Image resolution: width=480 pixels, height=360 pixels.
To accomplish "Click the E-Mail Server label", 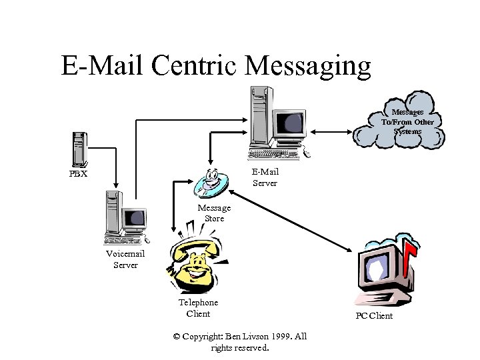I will pos(265,177).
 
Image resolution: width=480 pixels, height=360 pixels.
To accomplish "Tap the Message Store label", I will pos(214,213).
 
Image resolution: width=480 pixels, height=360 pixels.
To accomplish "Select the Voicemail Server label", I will pos(125,259).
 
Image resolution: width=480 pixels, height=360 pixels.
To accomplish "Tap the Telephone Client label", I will pos(198,308).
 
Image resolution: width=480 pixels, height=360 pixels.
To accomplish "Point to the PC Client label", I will pos(374,315).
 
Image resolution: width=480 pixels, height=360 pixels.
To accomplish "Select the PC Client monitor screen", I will pos(377,268).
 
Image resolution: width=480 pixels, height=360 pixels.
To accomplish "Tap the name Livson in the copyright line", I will pos(244,337).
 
